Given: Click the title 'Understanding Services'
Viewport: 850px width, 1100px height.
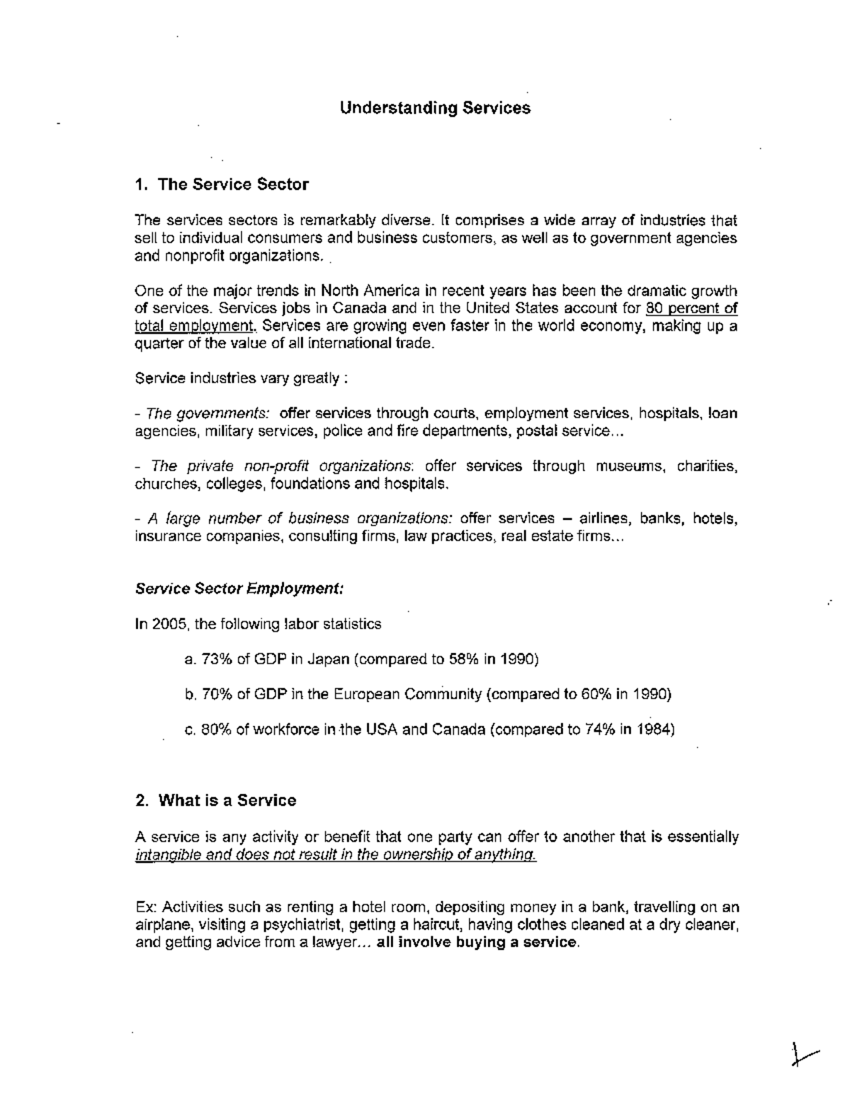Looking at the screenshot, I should pyautogui.click(x=435, y=108).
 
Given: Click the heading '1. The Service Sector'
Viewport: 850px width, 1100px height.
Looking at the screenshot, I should pyautogui.click(x=222, y=185).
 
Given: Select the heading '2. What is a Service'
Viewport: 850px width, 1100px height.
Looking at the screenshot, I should pyautogui.click(x=215, y=801).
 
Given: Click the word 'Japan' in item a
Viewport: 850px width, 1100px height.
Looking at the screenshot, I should pyautogui.click(x=329, y=659).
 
